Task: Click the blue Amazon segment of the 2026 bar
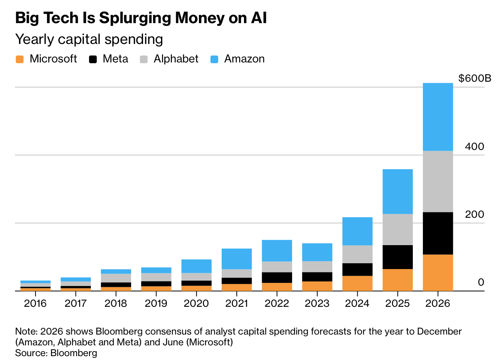[x=437, y=117]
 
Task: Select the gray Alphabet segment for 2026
[x=437, y=181]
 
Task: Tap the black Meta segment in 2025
[x=397, y=257]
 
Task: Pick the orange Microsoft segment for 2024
[x=357, y=283]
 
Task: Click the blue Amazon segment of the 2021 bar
[x=237, y=259]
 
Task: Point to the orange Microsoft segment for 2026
[x=437, y=273]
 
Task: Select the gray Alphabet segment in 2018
[x=116, y=278]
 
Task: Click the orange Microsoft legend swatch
[x=20, y=59]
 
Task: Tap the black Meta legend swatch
[x=93, y=59]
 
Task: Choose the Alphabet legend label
[x=176, y=59]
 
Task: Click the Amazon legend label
[x=244, y=59]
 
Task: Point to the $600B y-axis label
[x=475, y=79]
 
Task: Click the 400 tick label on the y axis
[x=474, y=146]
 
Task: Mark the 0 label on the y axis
[x=481, y=282]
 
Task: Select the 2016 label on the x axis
[x=35, y=303]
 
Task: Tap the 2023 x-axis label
[x=317, y=303]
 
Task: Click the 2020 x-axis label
[x=196, y=303]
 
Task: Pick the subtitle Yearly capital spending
[x=89, y=39]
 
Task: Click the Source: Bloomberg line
[x=56, y=353]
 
